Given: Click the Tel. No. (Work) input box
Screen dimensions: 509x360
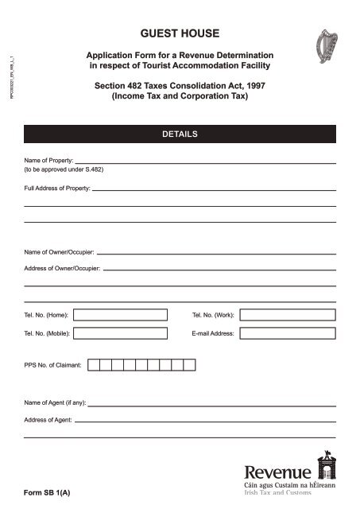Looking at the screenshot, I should coord(288,315).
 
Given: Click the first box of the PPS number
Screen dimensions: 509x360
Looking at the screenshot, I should coord(93,366).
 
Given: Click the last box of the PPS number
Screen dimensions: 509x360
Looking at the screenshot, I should coord(188,366).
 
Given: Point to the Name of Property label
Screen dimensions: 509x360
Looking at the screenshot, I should coord(48,161).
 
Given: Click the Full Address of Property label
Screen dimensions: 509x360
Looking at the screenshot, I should coord(57,188).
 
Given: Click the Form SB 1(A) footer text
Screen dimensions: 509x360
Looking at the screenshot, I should coord(47,493).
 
